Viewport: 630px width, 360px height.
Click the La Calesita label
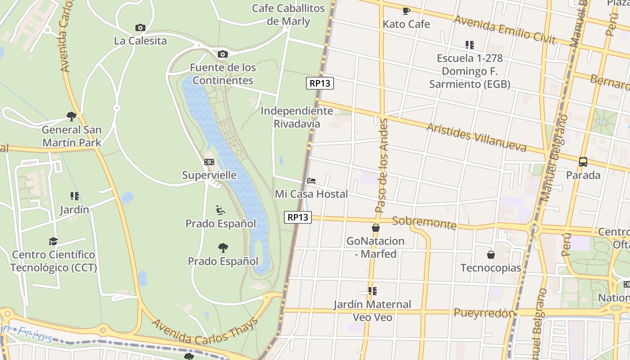pos(140,41)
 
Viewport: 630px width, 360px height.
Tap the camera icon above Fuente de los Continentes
pos(223,54)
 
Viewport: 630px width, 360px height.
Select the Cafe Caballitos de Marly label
pos(288,15)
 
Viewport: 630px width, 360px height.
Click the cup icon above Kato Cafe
pos(406,11)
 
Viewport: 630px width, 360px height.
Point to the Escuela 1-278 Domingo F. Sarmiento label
pos(470,71)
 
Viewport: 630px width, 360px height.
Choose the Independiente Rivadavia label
pos(297,117)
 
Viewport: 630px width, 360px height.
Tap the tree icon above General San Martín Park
pos(71,117)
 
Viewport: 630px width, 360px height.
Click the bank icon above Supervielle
pos(209,162)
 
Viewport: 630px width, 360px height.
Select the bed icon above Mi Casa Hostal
pos(311,181)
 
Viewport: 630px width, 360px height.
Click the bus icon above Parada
pos(583,162)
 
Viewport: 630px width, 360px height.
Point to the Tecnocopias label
pos(490,268)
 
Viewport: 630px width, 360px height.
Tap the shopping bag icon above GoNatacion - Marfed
pos(376,228)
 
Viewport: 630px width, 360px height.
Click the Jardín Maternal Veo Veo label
pos(373,310)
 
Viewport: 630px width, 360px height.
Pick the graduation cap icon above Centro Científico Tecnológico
pos(54,242)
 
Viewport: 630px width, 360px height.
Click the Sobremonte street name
pos(424,223)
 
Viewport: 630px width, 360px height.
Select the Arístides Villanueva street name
pos(476,137)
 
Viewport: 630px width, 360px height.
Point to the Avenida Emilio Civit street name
pos(505,29)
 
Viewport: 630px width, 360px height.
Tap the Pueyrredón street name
pos(484,313)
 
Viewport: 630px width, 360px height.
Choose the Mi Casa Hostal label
pos(311,194)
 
